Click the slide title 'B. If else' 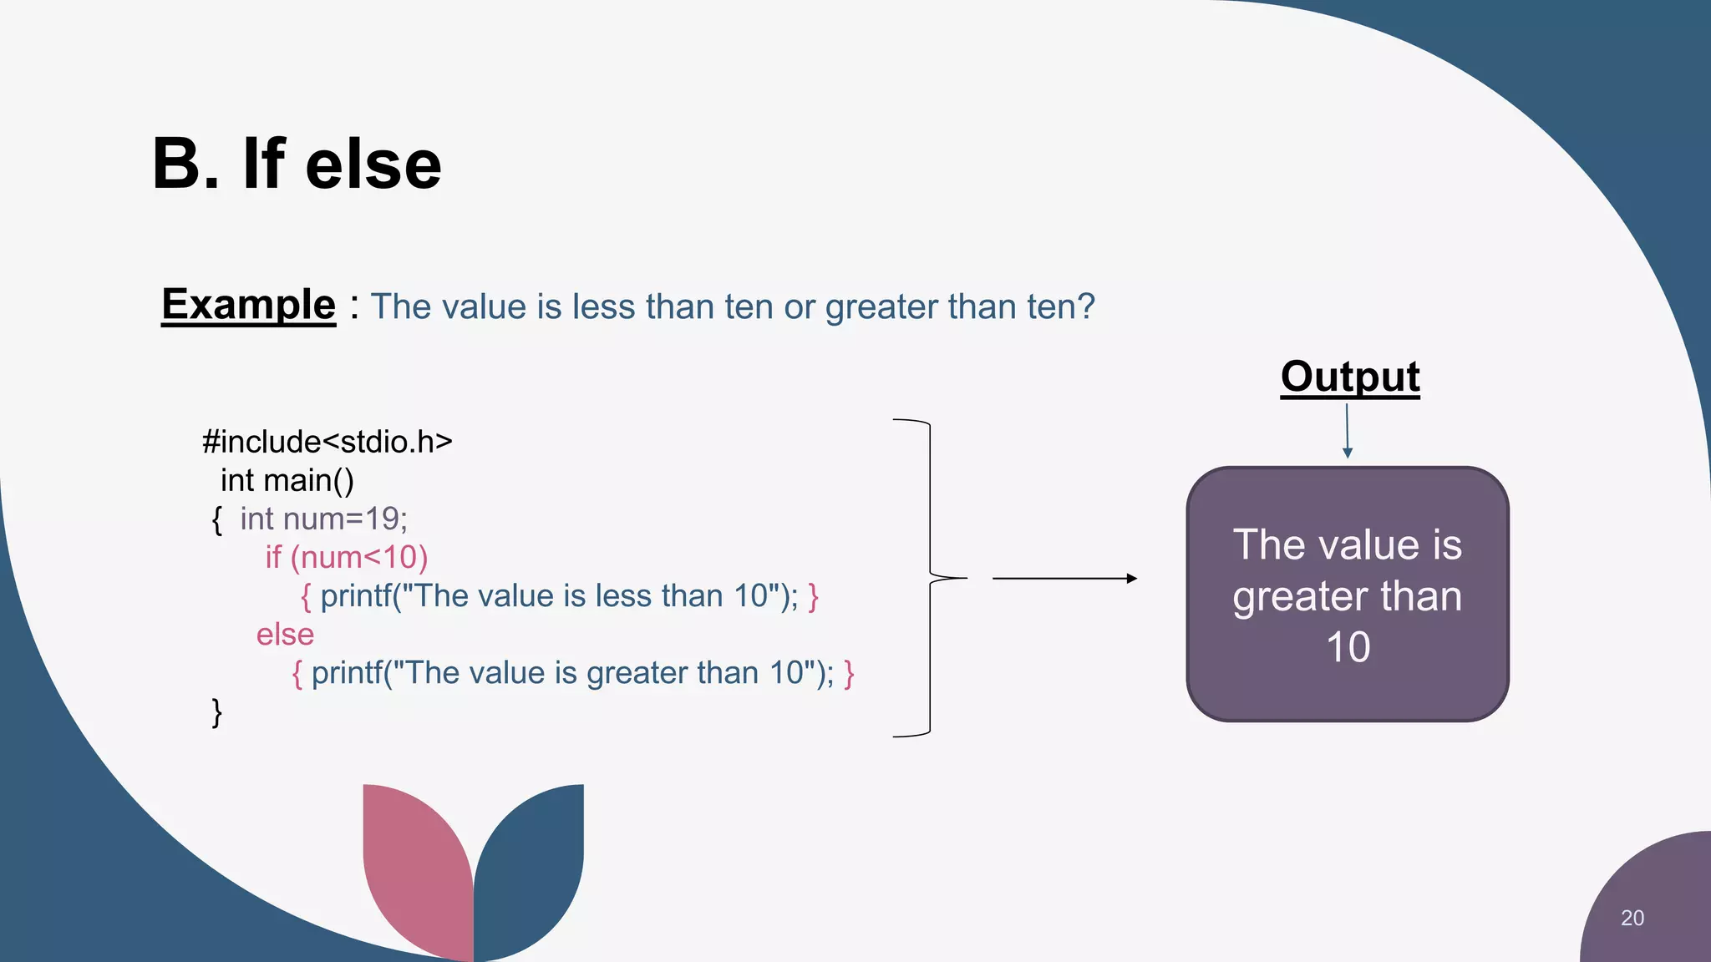point(297,165)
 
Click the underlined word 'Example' point(248,305)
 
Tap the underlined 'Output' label point(1349,377)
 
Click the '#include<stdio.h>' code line point(327,442)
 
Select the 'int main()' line point(287,481)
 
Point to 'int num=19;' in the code point(323,519)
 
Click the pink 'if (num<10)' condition point(346,558)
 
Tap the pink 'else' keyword point(285,635)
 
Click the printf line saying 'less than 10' point(558,596)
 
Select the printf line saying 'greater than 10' point(572,673)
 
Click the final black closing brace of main point(217,712)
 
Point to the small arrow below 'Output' point(1347,431)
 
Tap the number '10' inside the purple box point(1348,647)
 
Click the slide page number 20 point(1632,918)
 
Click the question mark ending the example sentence point(1086,306)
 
